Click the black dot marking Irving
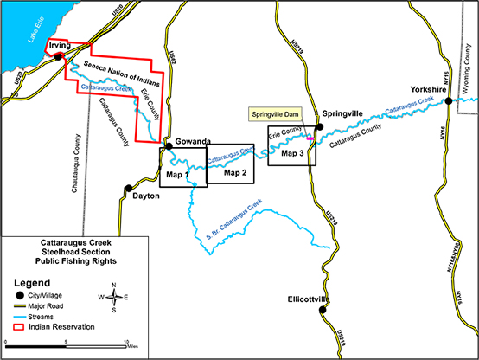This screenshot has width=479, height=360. click(x=58, y=57)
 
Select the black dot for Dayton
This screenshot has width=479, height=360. click(x=128, y=188)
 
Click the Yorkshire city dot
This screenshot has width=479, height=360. click(x=448, y=102)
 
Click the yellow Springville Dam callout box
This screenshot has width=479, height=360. click(x=274, y=114)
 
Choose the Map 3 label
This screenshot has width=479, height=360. click(x=292, y=153)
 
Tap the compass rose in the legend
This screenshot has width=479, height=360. click(x=114, y=297)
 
